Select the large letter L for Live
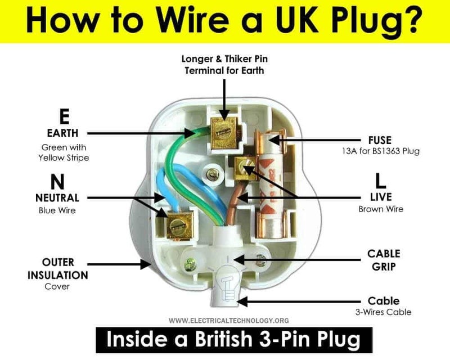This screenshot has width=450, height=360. (380, 181)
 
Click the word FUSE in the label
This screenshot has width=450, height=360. (381, 139)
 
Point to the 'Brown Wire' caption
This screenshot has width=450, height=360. (381, 209)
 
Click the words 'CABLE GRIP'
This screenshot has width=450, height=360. (384, 260)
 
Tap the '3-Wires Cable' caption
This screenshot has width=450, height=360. (384, 312)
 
